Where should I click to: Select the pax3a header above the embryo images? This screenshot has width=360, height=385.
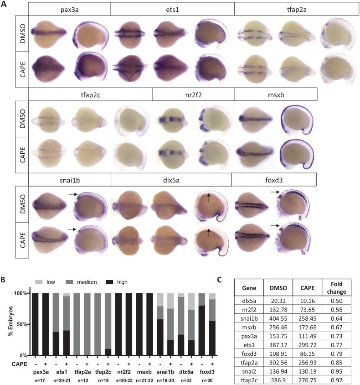click(69, 9)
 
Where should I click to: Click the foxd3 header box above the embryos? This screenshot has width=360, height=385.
click(274, 179)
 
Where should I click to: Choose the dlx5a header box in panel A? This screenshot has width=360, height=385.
click(171, 179)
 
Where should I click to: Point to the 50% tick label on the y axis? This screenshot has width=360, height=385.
click(21, 324)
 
